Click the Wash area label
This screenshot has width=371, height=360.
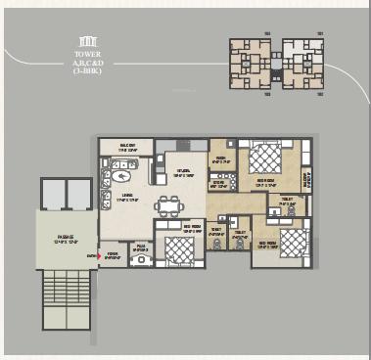(x=222, y=159)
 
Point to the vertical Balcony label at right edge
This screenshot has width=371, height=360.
(x=306, y=178)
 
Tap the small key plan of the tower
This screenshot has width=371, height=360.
(x=277, y=65)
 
